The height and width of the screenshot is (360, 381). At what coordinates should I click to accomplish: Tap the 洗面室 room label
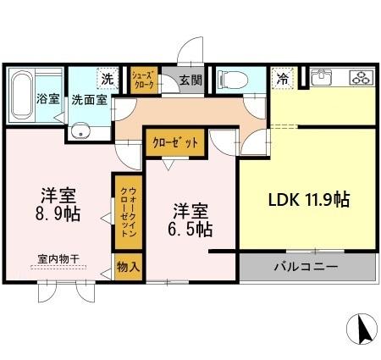tap(88, 98)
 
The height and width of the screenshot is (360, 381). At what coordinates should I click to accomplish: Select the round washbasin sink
tap(82, 130)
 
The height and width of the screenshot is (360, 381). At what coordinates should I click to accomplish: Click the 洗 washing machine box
tap(108, 78)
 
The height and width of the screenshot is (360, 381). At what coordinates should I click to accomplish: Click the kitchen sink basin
tap(322, 79)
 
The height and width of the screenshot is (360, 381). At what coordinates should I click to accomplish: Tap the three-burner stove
tap(360, 78)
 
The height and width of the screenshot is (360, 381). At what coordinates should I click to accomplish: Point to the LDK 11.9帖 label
tap(309, 201)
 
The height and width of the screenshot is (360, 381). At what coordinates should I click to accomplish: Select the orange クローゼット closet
tap(175, 143)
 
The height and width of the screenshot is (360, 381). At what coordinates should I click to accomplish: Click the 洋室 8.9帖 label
tap(58, 203)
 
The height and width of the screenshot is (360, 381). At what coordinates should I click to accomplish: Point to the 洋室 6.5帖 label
tap(192, 219)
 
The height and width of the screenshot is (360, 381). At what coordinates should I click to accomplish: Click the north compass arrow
tap(362, 329)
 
